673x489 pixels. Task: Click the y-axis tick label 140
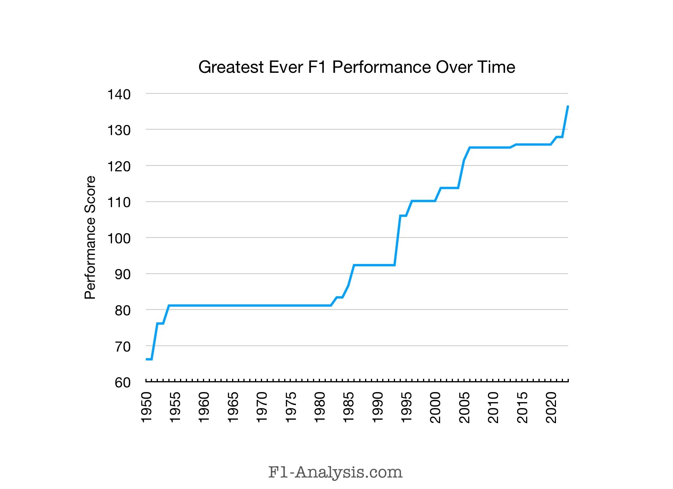[119, 94]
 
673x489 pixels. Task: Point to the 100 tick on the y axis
[119, 238]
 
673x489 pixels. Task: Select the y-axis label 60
[122, 383]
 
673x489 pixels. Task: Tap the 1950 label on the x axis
[146, 407]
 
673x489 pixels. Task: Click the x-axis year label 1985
[349, 407]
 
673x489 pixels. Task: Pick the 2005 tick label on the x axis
[465, 407]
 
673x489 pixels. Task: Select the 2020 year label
[551, 407]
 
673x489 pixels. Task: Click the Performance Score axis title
[90, 237]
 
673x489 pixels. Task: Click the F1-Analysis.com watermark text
[335, 472]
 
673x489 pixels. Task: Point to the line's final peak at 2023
[568, 106]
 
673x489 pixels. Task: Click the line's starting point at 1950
[147, 359]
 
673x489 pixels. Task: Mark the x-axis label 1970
[262, 407]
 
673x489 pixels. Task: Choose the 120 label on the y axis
[119, 166]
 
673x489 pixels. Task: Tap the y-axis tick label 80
[122, 311]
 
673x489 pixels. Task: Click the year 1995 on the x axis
[407, 407]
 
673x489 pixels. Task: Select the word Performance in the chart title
[381, 67]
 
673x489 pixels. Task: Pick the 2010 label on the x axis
[493, 407]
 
